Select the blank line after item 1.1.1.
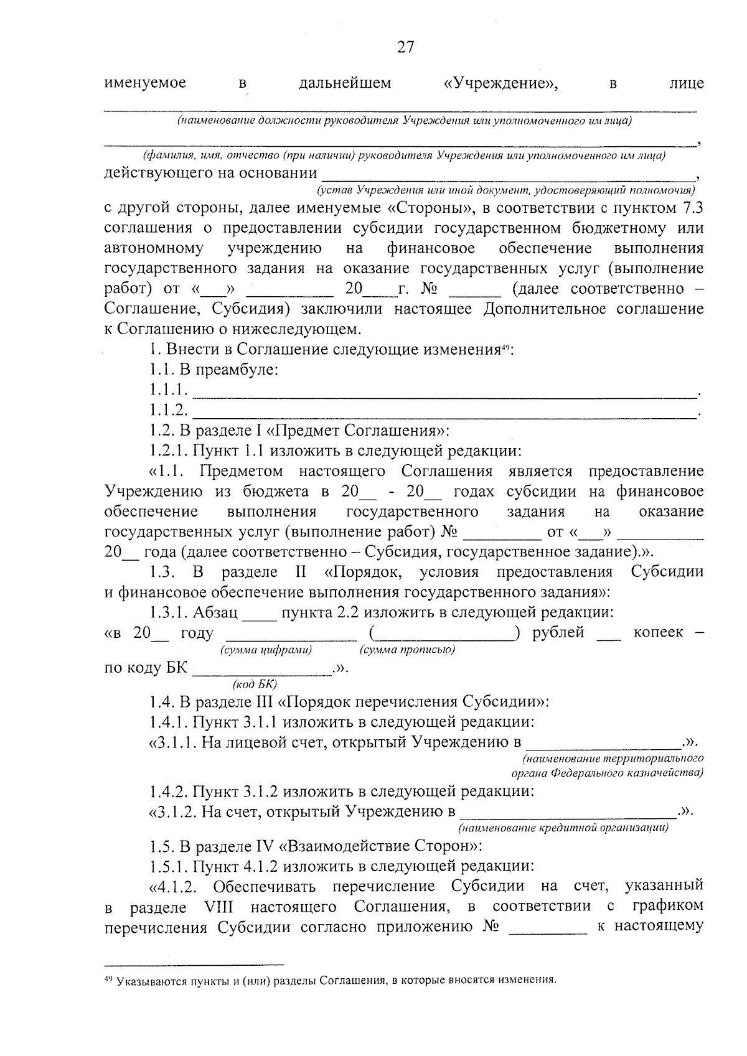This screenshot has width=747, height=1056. [x=444, y=392]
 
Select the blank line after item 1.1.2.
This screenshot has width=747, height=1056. [x=444, y=413]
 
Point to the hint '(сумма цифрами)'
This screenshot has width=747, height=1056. [x=266, y=650]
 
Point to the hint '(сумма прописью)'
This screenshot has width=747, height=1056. [x=407, y=650]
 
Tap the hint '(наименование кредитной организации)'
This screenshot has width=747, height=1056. [x=564, y=828]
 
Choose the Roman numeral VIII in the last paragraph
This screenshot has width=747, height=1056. [x=222, y=907]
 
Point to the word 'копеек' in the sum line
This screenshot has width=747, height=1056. [x=658, y=633]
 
